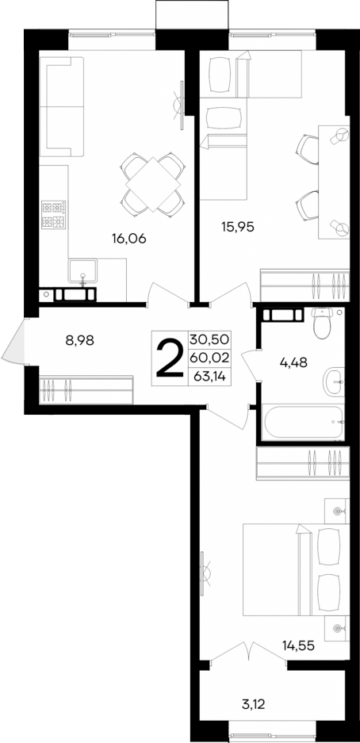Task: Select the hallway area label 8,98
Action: point(80,341)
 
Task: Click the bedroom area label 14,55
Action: point(300,645)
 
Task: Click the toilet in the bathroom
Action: point(322,323)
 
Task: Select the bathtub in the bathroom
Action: point(304,423)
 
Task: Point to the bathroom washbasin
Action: point(332,381)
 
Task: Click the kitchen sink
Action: point(82,273)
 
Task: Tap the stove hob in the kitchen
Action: point(55,216)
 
